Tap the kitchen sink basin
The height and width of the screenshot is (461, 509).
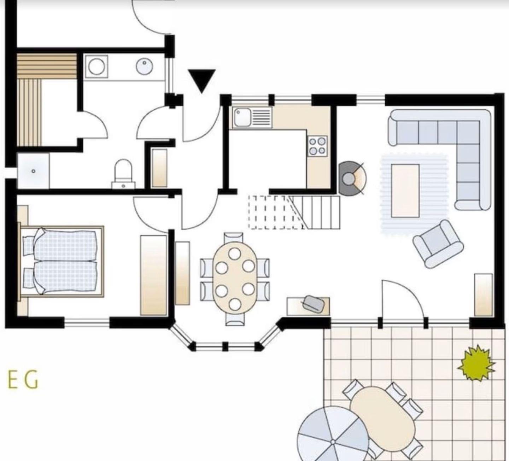coord(242,117)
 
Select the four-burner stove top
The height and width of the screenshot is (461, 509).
coord(318,146)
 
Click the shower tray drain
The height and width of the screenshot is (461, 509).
coord(34,171)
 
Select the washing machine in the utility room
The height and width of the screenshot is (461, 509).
coord(96,66)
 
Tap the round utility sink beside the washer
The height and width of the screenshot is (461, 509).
coord(145,66)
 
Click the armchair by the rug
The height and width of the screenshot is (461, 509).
coord(438,244)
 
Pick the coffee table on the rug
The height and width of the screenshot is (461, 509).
coord(405,191)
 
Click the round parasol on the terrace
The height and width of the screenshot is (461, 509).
coord(333,434)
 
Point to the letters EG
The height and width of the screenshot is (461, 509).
coord(23,380)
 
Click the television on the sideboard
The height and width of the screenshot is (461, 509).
coord(314,304)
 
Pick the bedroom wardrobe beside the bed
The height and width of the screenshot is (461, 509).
coord(153,275)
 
